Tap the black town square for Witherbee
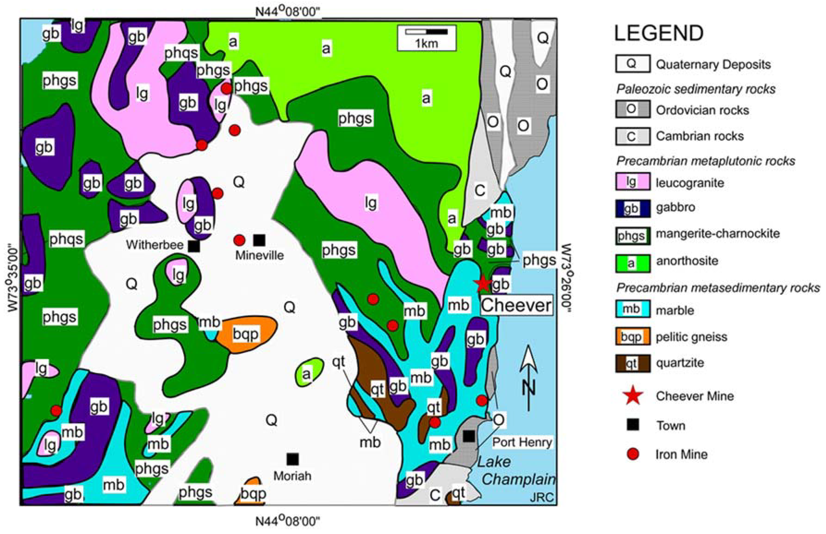[194, 246]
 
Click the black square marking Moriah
[292, 459]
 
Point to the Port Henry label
[522, 442]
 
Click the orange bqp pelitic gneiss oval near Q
[246, 334]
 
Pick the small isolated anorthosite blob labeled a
[308, 373]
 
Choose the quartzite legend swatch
[632, 363]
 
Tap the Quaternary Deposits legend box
[632, 64]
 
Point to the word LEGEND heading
[659, 33]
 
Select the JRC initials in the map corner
[541, 497]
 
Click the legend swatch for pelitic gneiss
[632, 336]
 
